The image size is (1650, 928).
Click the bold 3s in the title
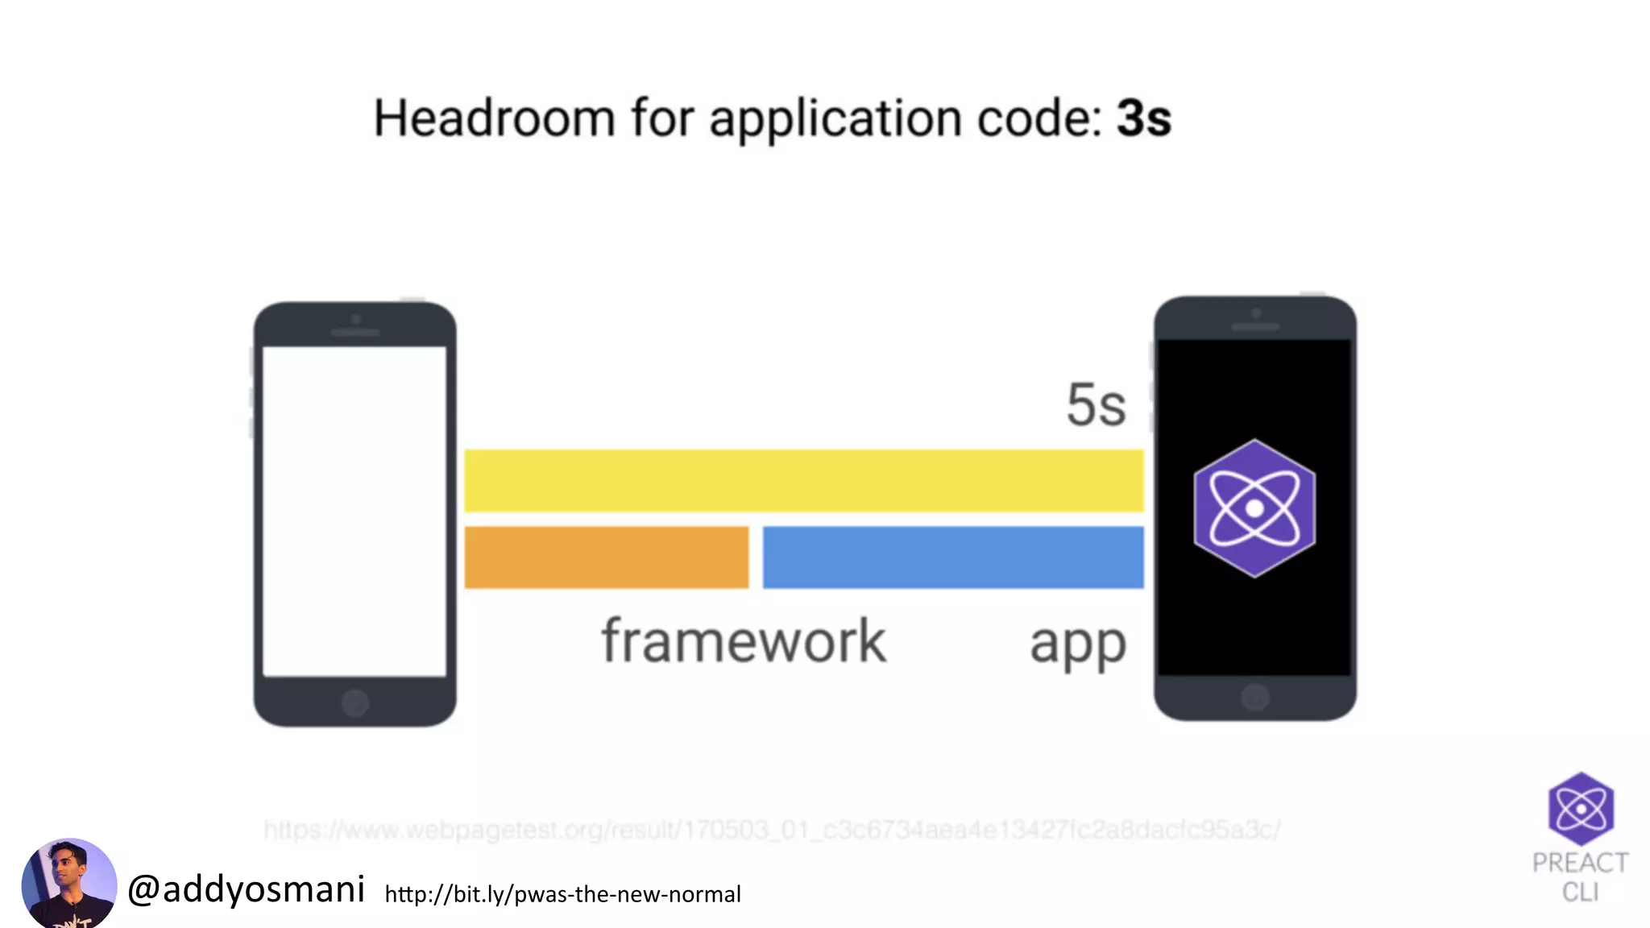pyautogui.click(x=1143, y=119)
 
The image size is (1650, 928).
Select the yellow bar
pyautogui.click(x=803, y=481)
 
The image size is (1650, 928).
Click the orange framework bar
pyautogui.click(x=606, y=557)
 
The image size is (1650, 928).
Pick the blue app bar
pyautogui.click(x=952, y=557)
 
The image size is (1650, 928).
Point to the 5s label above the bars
pyautogui.click(x=1096, y=404)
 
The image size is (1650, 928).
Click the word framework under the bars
pyautogui.click(x=744, y=641)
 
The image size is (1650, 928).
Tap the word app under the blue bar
pyautogui.click(x=1077, y=644)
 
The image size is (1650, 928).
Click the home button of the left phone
pyautogui.click(x=355, y=703)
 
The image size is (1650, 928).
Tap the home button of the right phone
pyautogui.click(x=1254, y=697)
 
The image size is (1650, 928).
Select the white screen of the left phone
pyautogui.click(x=354, y=512)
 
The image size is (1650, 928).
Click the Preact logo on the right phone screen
pyautogui.click(x=1254, y=508)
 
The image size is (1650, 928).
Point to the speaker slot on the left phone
pyautogui.click(x=355, y=332)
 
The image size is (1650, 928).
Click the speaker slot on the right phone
pyautogui.click(x=1255, y=326)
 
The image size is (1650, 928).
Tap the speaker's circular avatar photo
pyautogui.click(x=69, y=884)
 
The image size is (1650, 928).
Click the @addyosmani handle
pyautogui.click(x=247, y=889)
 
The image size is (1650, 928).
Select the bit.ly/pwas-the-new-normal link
pyautogui.click(x=562, y=894)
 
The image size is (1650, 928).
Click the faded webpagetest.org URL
pyautogui.click(x=772, y=830)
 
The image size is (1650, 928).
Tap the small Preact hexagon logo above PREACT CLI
pyautogui.click(x=1581, y=809)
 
